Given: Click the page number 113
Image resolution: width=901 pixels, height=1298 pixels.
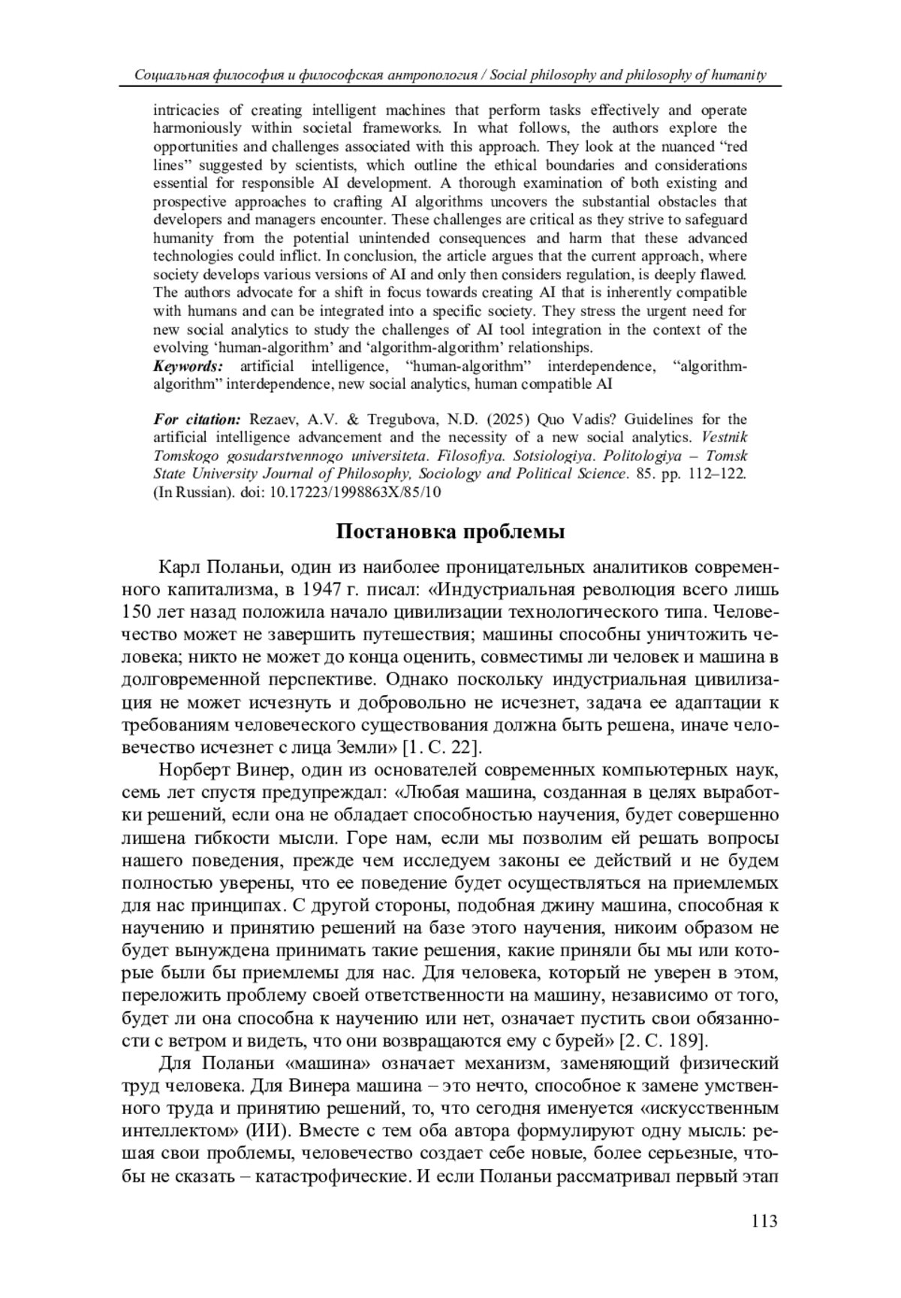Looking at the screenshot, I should tap(764, 1221).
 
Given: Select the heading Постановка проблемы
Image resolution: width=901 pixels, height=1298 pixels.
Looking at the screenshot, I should tap(450, 532).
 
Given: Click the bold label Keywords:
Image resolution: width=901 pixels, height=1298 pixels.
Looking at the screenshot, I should tap(188, 366).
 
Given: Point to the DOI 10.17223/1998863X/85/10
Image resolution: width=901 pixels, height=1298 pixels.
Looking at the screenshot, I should tap(355, 492).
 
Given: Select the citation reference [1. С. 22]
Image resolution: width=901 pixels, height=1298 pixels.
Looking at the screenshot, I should tap(441, 747).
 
